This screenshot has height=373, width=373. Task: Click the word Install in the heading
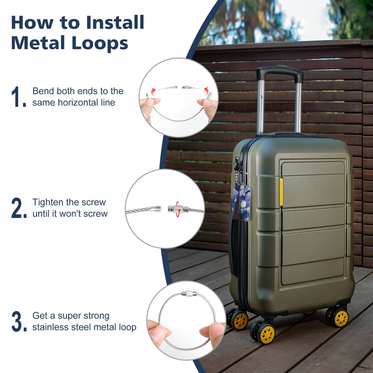point(115,22)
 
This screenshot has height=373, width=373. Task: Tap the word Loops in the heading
point(100,43)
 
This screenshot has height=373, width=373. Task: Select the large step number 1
point(18,97)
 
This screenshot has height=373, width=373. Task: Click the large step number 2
point(19,208)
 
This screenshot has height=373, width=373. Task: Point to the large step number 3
point(19,321)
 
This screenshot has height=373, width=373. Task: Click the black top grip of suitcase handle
point(280,72)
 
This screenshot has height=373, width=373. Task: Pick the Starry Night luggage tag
point(241,203)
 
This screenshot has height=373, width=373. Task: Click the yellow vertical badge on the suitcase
point(281,192)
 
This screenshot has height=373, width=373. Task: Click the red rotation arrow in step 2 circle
point(177,209)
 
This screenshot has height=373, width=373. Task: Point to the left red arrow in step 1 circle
point(153,91)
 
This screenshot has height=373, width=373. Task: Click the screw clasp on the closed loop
point(189,294)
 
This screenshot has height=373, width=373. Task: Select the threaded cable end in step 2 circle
point(156,209)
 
